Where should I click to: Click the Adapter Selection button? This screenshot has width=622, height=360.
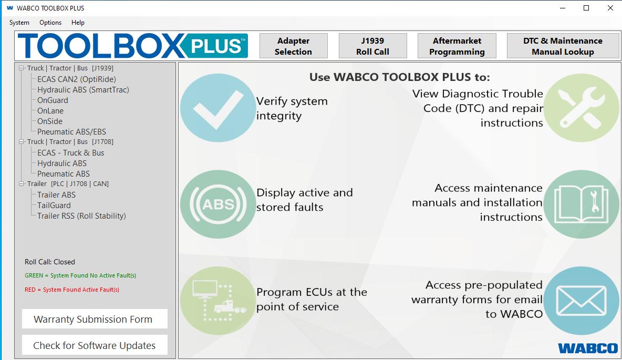(293, 46)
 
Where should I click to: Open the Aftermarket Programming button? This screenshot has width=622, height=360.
(457, 46)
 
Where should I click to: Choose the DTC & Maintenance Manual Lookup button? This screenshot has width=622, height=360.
(563, 46)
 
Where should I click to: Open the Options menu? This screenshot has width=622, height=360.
(50, 23)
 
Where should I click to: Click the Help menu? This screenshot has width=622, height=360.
(78, 23)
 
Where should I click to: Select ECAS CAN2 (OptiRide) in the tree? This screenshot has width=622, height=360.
(76, 79)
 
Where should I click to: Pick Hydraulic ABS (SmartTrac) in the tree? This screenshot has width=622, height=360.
(83, 90)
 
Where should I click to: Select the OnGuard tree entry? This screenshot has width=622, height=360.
(53, 100)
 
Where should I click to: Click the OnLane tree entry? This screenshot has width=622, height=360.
(50, 111)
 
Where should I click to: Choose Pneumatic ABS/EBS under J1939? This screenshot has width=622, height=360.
(71, 132)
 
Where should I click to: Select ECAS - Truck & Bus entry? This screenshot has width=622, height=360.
(70, 153)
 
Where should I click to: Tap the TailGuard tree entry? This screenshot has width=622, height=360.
(54, 205)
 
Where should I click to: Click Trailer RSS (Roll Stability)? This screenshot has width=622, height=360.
(81, 216)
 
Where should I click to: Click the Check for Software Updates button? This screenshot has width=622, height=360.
(95, 345)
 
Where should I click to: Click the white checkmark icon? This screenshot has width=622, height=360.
(218, 108)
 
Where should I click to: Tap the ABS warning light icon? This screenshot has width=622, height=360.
(218, 203)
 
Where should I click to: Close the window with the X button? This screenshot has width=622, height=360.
(610, 8)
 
